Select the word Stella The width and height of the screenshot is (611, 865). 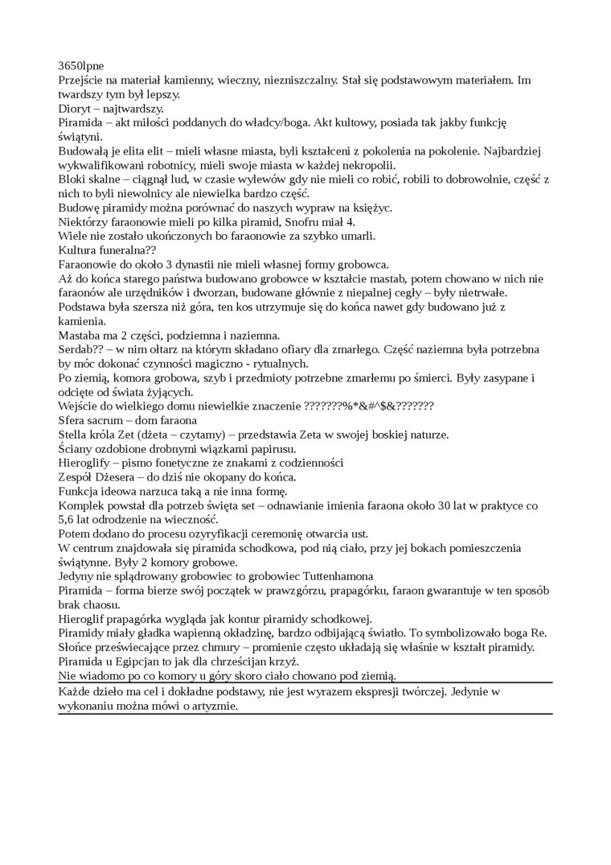click(x=74, y=435)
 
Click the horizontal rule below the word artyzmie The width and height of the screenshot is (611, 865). click(x=305, y=714)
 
